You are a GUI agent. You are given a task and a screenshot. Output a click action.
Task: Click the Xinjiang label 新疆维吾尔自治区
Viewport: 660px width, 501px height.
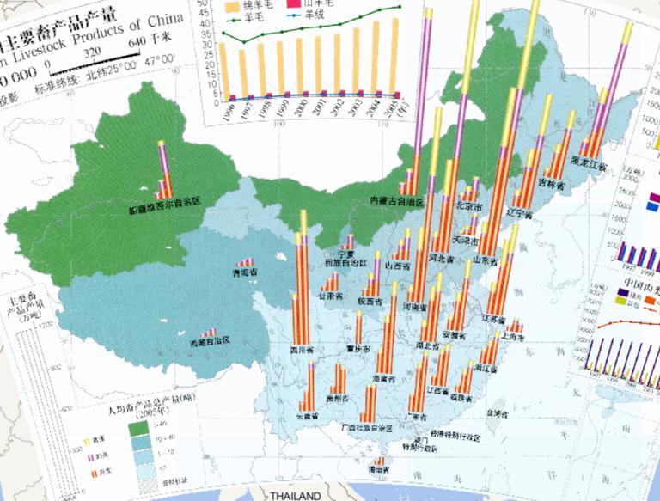tap(163, 206)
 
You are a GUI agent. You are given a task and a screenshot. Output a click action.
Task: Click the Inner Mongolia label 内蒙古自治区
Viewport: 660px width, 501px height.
tap(397, 199)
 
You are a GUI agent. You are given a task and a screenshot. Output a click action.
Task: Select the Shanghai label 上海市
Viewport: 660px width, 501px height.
tap(515, 338)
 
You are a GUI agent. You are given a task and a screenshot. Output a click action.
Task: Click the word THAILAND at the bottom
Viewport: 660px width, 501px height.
tap(294, 496)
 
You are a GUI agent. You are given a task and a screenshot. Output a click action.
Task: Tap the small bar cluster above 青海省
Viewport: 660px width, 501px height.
tap(247, 261)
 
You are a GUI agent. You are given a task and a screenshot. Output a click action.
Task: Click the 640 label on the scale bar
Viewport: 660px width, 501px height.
tap(137, 43)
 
